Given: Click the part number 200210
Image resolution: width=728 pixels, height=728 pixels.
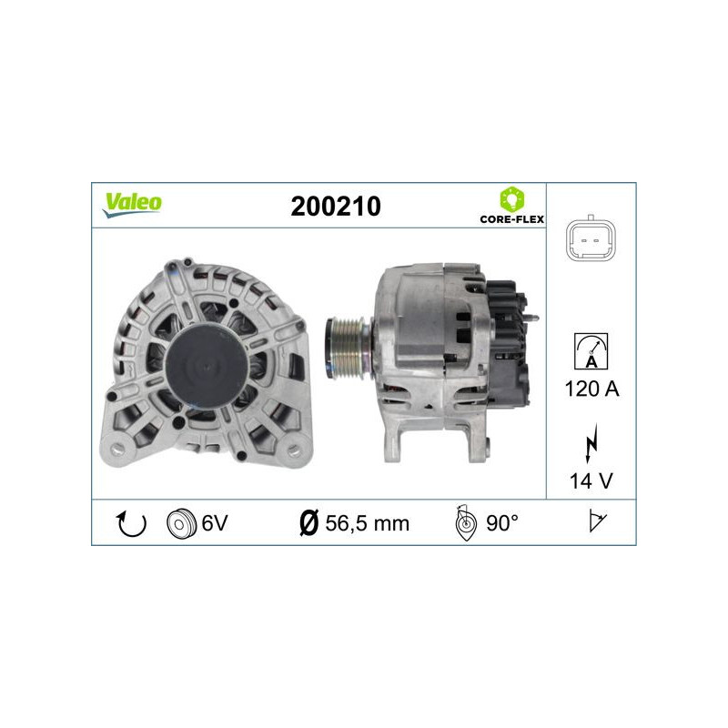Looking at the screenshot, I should pyautogui.click(x=335, y=207).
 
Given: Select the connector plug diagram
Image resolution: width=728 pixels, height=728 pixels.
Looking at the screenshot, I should pyautogui.click(x=591, y=239).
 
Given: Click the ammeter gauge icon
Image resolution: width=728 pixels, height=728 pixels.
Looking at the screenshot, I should pyautogui.click(x=591, y=350).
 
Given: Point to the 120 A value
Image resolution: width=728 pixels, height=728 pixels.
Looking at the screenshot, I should pyautogui.click(x=591, y=389).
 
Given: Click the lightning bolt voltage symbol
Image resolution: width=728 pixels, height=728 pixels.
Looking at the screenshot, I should pyautogui.click(x=591, y=445).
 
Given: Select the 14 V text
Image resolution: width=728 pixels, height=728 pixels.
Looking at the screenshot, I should pyautogui.click(x=591, y=480).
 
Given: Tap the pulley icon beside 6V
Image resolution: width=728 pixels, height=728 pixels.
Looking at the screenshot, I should pyautogui.click(x=182, y=523).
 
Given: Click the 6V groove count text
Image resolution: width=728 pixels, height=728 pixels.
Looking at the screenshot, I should pyautogui.click(x=214, y=523).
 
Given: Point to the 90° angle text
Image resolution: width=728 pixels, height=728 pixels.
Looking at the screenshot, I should pyautogui.click(x=501, y=523).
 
